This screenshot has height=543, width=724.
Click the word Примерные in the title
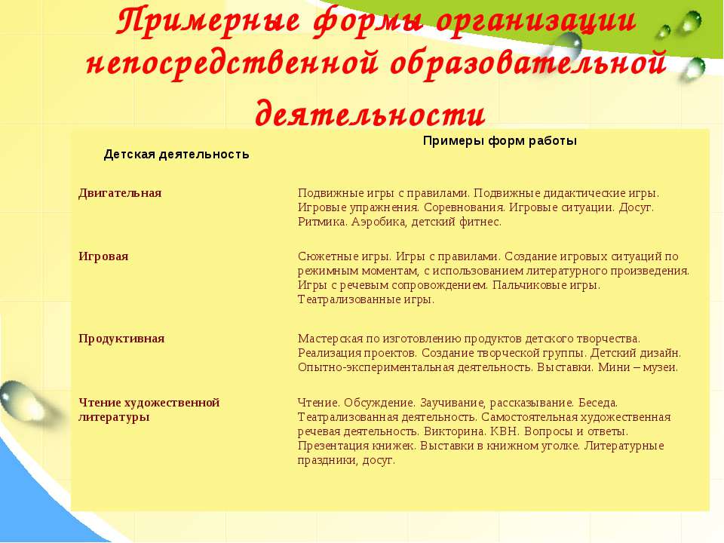tap(207, 22)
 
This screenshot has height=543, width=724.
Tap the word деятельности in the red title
tap(370, 112)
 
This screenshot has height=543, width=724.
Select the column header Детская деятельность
tap(176, 154)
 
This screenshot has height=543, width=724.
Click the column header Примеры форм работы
tap(499, 141)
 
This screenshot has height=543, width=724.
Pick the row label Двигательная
tap(120, 192)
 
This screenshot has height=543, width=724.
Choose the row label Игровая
tap(103, 256)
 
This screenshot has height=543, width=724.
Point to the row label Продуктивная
tap(121, 339)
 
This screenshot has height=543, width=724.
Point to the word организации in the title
tap(535, 22)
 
